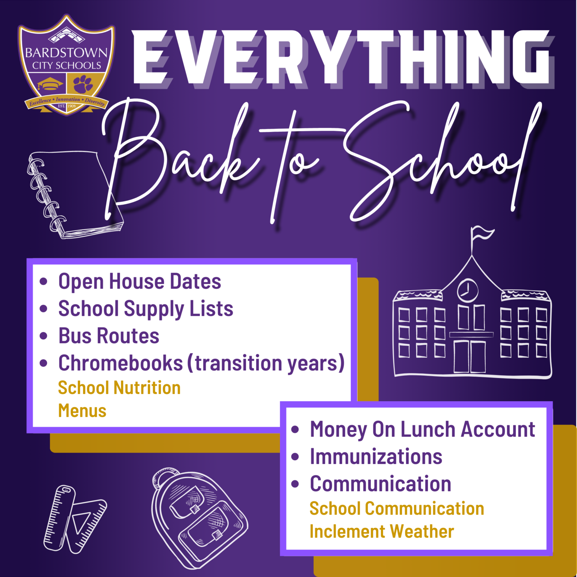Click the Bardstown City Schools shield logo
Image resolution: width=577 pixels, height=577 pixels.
66,65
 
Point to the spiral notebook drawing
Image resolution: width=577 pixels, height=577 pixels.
75,194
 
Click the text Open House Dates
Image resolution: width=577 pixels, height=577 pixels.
140,281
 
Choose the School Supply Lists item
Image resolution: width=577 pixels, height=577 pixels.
146,309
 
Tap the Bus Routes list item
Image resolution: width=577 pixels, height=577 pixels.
109,336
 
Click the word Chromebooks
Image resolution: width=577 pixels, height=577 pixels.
121,363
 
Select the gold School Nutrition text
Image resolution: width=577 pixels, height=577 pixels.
119,388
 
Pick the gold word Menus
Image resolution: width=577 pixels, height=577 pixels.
82,411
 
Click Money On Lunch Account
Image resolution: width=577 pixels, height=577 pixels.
423,429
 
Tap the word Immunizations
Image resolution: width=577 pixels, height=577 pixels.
376,457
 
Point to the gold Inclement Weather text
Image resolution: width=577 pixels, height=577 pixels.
382,532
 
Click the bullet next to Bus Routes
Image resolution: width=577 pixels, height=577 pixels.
44,335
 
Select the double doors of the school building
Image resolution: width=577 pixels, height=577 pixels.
470,356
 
